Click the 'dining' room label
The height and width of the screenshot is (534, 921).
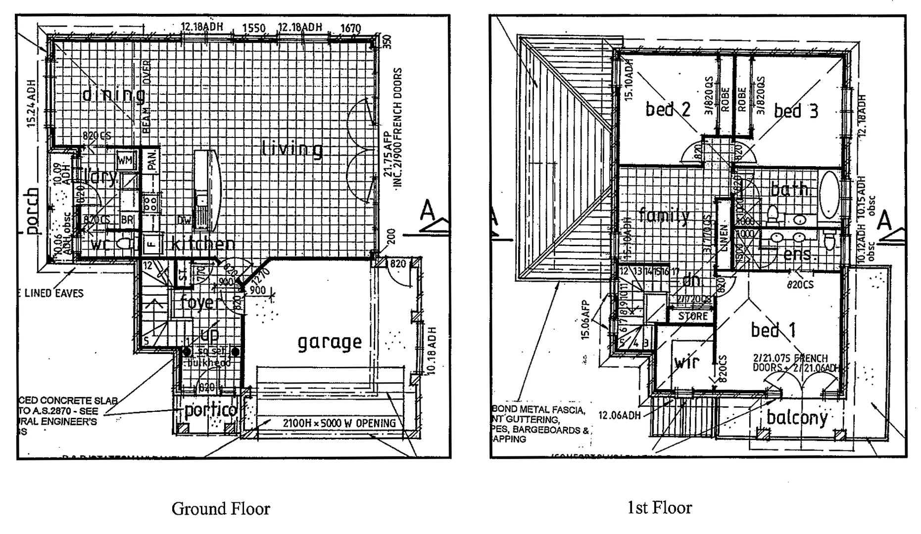[113, 94]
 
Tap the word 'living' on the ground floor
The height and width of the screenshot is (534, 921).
[292, 149]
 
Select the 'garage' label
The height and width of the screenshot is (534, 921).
[330, 342]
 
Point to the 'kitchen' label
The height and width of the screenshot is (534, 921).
[203, 243]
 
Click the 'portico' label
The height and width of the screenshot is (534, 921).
[210, 410]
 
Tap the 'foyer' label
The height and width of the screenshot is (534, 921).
[198, 302]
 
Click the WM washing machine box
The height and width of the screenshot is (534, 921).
[125, 160]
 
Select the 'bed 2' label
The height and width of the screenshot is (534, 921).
[668, 109]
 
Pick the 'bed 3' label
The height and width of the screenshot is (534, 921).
[796, 111]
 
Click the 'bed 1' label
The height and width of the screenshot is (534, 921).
[773, 330]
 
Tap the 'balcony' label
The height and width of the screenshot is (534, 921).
[797, 418]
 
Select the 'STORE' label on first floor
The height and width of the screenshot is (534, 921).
[693, 316]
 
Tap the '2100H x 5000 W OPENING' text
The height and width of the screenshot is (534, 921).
[339, 423]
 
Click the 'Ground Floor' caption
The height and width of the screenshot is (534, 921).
[221, 508]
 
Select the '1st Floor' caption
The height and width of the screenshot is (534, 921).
[660, 507]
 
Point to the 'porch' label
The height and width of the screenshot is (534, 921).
[32, 211]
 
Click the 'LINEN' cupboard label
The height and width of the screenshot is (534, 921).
[723, 238]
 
